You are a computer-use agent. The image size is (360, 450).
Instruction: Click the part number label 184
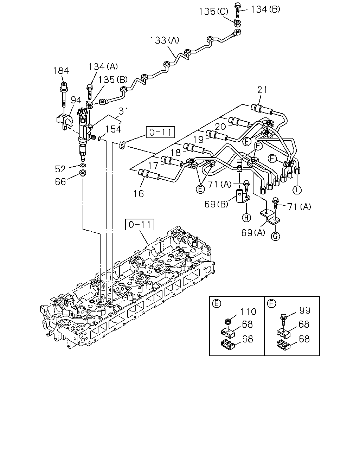click(61, 71)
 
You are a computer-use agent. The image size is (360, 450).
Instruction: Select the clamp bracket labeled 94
click(65, 121)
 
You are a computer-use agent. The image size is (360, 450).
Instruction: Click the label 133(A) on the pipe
click(165, 40)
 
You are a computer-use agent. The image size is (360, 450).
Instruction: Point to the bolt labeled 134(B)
click(238, 10)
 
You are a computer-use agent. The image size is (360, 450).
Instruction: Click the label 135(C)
click(213, 12)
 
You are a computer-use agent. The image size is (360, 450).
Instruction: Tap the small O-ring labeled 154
click(99, 139)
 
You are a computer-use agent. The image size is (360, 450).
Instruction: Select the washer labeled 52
click(83, 166)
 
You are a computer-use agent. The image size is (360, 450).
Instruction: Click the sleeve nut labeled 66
click(83, 173)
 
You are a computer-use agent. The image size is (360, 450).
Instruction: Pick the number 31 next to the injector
click(124, 111)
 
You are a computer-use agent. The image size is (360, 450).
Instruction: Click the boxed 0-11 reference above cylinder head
click(140, 225)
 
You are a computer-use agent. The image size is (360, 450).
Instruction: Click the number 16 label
click(139, 194)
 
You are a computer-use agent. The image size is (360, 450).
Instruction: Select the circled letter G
click(275, 236)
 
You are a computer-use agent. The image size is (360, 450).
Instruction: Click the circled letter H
click(246, 218)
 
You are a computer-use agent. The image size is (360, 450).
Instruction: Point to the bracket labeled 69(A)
click(270, 218)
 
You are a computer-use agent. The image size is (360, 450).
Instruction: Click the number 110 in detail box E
click(248, 311)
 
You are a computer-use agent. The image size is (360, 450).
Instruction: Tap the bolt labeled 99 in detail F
click(283, 319)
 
